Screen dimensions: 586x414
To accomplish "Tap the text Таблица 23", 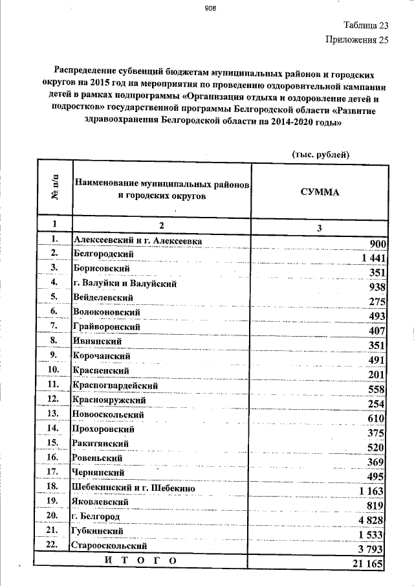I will [x=365, y=26].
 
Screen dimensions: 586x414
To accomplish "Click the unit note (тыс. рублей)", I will [x=320, y=153].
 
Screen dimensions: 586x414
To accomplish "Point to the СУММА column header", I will [x=320, y=192].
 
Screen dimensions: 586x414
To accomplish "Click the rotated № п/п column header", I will [x=54, y=191].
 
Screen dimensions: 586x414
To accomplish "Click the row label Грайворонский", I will [x=107, y=328].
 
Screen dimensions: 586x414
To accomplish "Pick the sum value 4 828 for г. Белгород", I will [x=372, y=521].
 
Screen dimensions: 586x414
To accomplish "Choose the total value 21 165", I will [x=369, y=565].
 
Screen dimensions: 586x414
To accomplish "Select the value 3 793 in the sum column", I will [x=372, y=550].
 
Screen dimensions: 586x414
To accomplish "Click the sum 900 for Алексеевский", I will [x=378, y=244].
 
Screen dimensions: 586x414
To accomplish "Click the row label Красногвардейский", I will [x=117, y=385].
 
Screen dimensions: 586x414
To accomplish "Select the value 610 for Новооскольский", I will [x=377, y=419].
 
